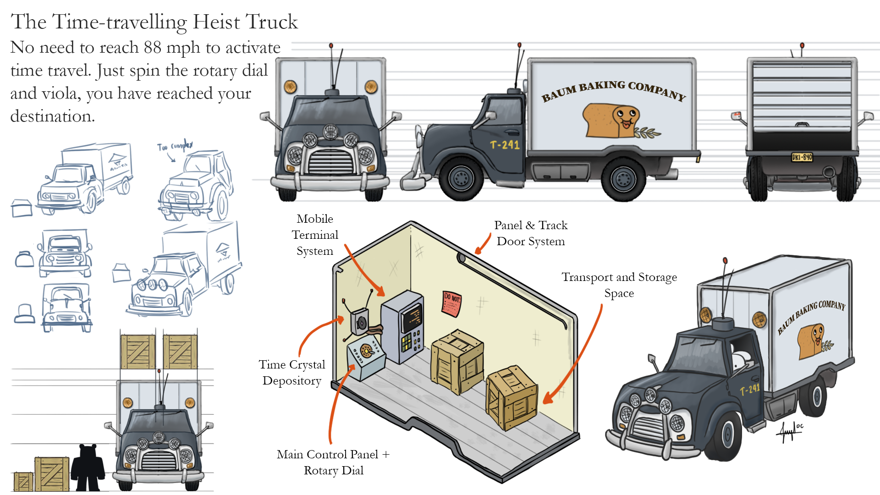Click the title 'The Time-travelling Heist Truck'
point(154,22)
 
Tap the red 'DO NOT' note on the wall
point(451,303)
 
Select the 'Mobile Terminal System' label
point(315,235)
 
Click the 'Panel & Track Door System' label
point(531,233)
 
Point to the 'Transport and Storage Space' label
point(619,285)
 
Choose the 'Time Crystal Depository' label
point(292,373)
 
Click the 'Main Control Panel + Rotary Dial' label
point(333,462)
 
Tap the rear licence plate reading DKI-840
point(802,157)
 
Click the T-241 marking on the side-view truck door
point(505,145)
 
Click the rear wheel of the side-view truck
point(623,179)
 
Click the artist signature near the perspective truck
point(791,431)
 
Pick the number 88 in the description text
point(152,47)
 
